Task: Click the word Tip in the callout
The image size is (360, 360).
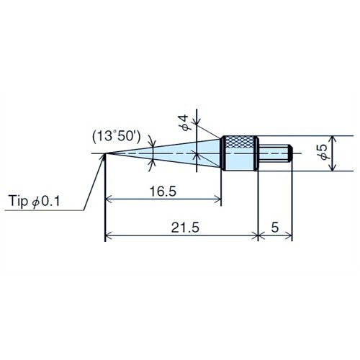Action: (20, 202)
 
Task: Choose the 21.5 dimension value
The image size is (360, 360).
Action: (182, 227)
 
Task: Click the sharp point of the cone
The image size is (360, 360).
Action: (106, 153)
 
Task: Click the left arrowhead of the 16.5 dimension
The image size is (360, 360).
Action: (109, 199)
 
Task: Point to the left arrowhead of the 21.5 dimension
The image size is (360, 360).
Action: (109, 235)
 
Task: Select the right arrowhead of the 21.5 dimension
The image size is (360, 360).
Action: (254, 235)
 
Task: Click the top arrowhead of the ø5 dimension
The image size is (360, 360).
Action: (332, 139)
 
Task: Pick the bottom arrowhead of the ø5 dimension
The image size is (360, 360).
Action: (332, 168)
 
